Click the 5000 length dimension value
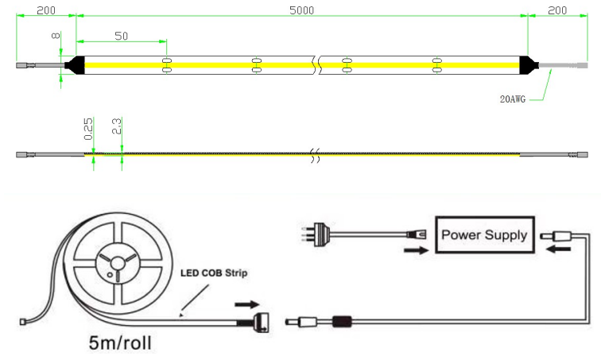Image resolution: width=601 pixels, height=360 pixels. pos(302,10)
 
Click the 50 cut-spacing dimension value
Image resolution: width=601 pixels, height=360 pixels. pos(122,36)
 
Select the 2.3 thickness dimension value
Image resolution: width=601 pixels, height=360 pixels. pos(116,126)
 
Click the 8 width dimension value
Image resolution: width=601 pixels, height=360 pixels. pos(56,37)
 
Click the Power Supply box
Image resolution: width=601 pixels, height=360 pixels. pos(483,235)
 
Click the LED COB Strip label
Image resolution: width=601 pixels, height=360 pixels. pos(212,273)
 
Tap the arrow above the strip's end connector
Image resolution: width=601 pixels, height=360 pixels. pos(246,303)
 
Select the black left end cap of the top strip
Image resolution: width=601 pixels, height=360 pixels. pos(74,64)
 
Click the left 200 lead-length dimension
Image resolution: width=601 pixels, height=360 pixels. pos(45,10)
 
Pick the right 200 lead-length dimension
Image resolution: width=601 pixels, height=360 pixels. pos(557,10)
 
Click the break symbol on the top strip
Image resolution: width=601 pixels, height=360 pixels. pos(316,64)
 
